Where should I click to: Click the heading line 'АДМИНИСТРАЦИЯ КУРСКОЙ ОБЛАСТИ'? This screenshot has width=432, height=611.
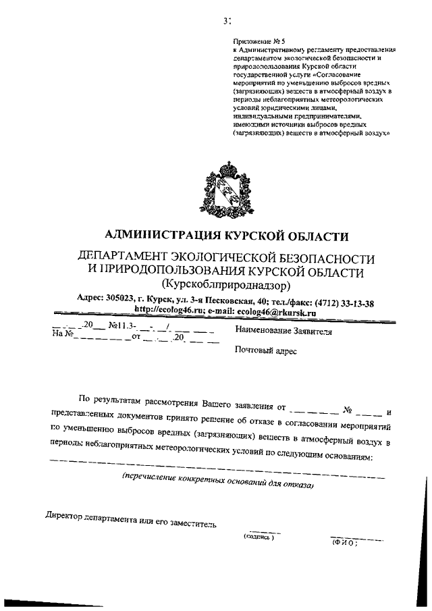(x=227, y=236)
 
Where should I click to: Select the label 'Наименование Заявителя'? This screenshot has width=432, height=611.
(x=283, y=331)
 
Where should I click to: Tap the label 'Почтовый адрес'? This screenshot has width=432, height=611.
(x=265, y=351)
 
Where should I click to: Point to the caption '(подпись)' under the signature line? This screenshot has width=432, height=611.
(x=259, y=537)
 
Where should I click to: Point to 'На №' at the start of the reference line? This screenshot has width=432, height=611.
(x=61, y=334)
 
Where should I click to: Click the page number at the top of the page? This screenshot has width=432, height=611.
(x=227, y=20)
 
